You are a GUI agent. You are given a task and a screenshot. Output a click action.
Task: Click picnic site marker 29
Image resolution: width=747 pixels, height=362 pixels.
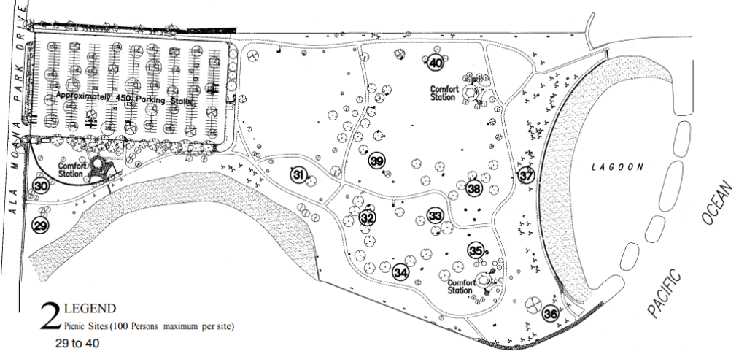pyautogui.click(x=40, y=226)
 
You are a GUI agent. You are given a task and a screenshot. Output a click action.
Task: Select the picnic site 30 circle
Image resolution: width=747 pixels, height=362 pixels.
pyautogui.click(x=40, y=186)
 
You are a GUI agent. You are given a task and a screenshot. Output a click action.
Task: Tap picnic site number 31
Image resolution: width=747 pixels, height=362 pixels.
pyautogui.click(x=298, y=174)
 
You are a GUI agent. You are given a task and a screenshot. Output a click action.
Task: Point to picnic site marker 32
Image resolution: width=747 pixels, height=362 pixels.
pyautogui.click(x=367, y=217)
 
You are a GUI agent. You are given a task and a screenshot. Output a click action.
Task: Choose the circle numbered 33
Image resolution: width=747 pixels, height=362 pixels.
pyautogui.click(x=436, y=216)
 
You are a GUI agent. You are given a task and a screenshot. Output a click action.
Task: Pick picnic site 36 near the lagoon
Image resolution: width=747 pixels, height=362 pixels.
pyautogui.click(x=551, y=314)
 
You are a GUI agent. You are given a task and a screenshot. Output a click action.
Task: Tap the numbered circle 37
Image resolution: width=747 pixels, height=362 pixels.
pyautogui.click(x=527, y=176)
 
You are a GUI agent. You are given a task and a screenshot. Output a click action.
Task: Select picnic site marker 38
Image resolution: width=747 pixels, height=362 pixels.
pyautogui.click(x=475, y=188)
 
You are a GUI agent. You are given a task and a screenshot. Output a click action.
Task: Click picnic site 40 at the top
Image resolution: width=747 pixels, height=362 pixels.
pyautogui.click(x=436, y=63)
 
